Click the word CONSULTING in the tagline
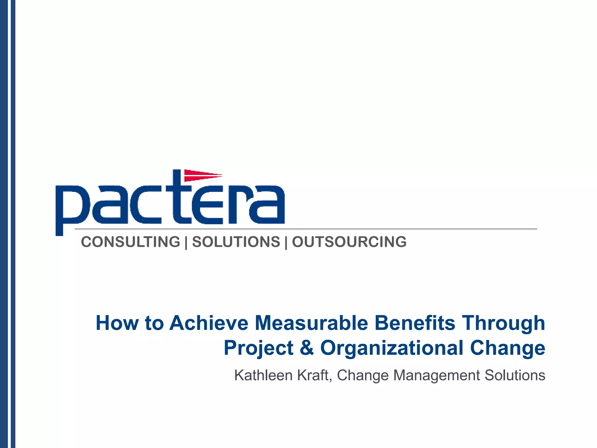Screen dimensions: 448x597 tap(131, 242)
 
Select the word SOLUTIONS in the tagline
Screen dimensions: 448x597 tap(236, 242)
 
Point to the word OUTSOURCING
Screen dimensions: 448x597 tap(349, 242)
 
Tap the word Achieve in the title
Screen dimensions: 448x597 tap(209, 323)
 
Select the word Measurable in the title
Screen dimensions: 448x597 tap(311, 323)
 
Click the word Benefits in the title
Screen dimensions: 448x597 tap(415, 323)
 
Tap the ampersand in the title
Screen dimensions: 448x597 tap(307, 348)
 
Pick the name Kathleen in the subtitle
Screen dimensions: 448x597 tap(264, 375)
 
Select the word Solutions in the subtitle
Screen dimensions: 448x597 tap(515, 375)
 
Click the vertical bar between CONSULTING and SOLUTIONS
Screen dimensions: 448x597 tap(186, 242)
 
